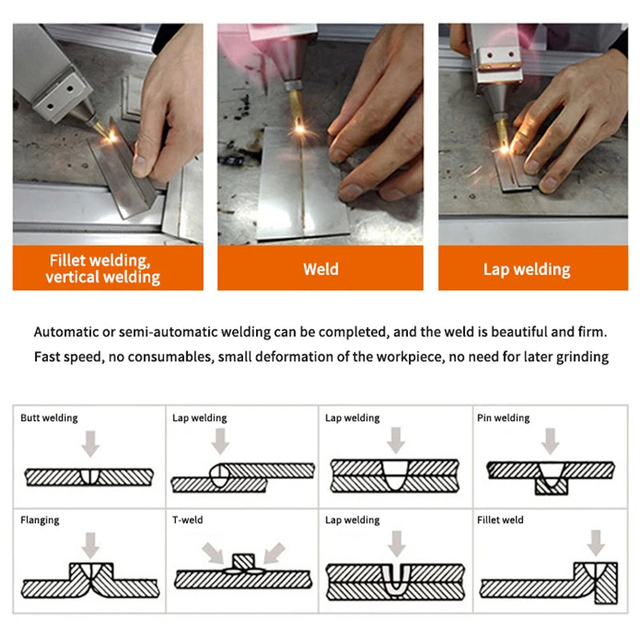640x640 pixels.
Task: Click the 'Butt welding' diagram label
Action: pos(49,418)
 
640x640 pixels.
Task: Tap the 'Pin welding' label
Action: pos(503,418)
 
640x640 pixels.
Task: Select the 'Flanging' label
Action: pos(39,521)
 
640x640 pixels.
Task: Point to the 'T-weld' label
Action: pos(187,520)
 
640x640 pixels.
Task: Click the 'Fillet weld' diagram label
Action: pos(500,520)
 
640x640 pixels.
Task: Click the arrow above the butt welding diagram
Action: pos(90,444)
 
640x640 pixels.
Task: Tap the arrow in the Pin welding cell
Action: pos(550,442)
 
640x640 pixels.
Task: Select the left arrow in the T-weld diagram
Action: pos(213,553)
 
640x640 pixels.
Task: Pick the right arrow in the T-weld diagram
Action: pos(274,553)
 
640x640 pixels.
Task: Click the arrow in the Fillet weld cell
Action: pos(596,543)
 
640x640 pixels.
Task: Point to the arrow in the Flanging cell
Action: pos(90,546)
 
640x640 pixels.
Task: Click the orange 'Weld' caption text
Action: pos(321,270)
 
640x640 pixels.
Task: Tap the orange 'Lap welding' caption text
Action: pos(526,270)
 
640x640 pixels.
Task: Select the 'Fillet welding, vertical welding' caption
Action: pos(103,269)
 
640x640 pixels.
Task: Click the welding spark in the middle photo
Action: pos(299,130)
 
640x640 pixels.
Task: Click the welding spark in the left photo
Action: pos(110,138)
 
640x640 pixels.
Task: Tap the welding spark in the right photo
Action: pos(505,150)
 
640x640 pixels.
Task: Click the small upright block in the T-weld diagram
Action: pos(244,562)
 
